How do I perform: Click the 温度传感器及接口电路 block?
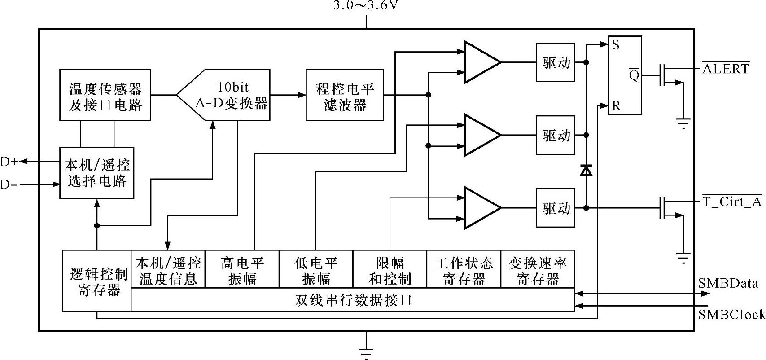tap(105, 95)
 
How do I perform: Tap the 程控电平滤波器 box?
tap(345, 95)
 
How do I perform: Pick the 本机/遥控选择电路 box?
tap(97, 173)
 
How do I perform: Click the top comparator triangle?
tap(480, 62)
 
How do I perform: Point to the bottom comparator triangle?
tap(480, 208)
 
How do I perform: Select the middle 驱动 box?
tap(556, 135)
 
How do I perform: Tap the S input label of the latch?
tap(616, 44)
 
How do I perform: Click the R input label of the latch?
tap(616, 106)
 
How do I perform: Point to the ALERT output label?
tap(725, 69)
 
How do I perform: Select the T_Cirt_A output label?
tap(731, 202)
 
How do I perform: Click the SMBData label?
tap(728, 283)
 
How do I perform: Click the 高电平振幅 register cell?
tap(242, 270)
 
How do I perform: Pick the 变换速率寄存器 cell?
tap(537, 270)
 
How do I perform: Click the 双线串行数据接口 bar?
tap(353, 300)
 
